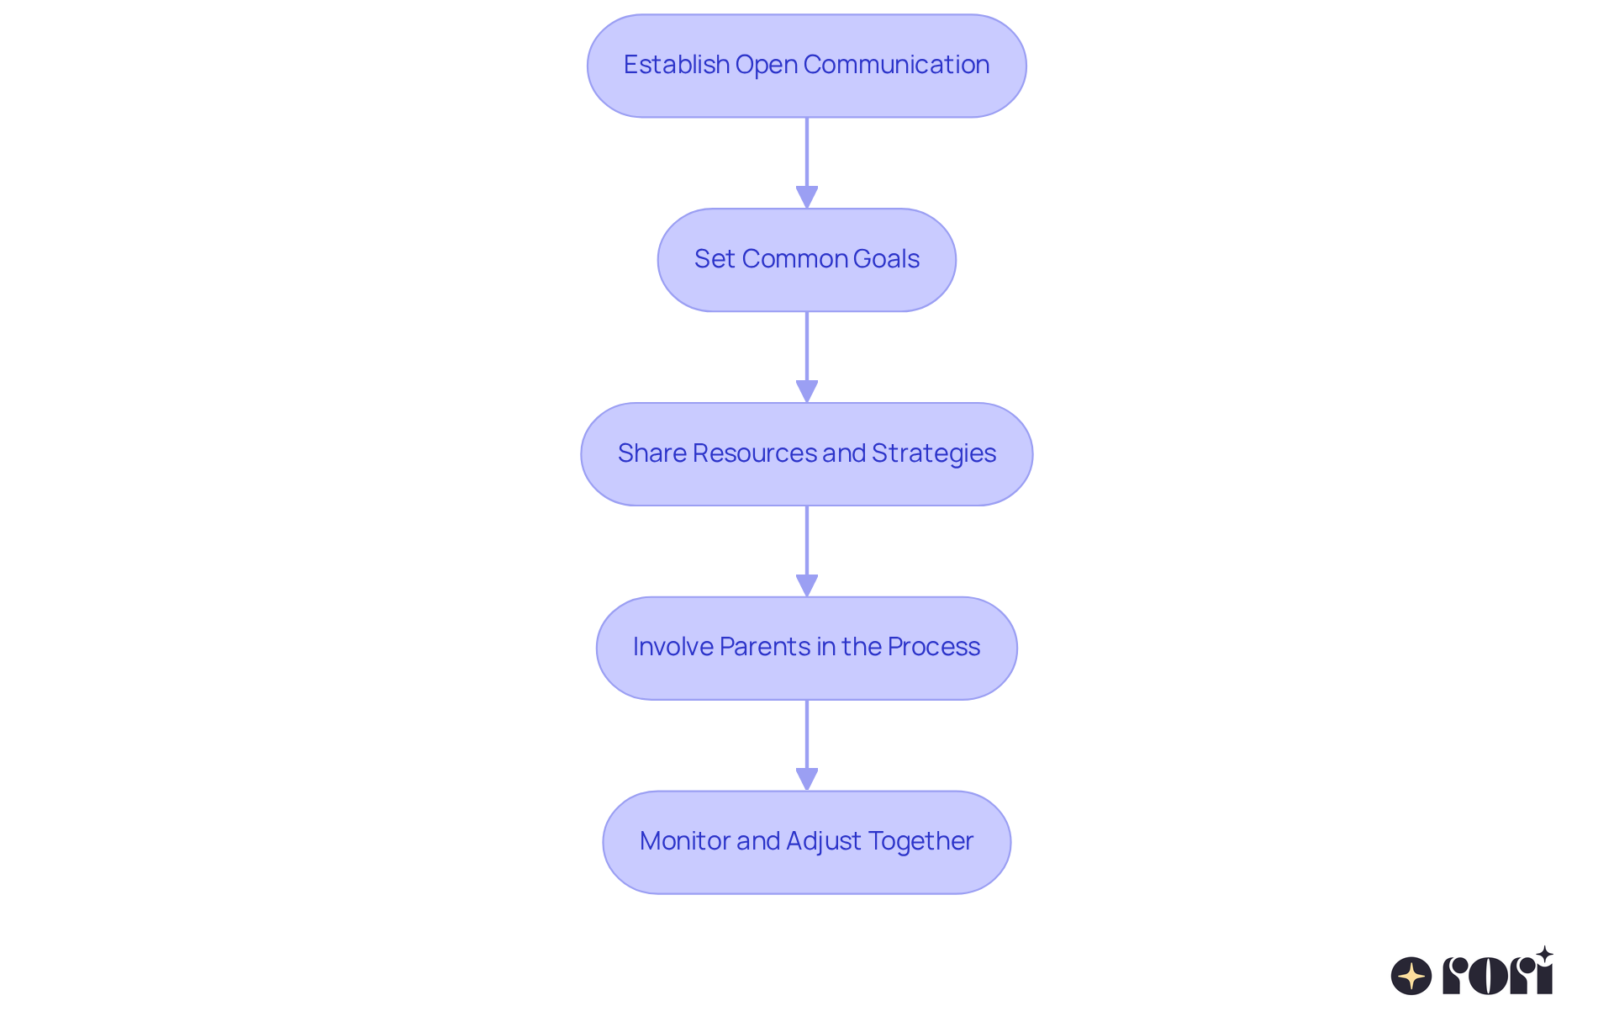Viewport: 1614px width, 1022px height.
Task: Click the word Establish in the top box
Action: (676, 65)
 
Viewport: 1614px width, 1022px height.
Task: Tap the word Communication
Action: (895, 65)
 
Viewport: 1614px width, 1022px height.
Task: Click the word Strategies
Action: (933, 453)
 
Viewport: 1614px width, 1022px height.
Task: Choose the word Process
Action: (933, 647)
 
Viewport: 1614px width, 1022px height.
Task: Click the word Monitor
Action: (684, 841)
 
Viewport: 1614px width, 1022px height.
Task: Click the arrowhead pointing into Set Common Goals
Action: (806, 197)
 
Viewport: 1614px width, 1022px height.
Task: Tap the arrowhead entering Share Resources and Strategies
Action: (806, 391)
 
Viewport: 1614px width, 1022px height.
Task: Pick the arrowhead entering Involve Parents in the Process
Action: (806, 585)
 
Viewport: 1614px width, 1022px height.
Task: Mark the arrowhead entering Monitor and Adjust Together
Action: (806, 779)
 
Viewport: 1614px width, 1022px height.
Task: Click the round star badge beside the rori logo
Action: (1411, 976)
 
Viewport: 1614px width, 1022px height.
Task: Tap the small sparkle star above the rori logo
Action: (1544, 955)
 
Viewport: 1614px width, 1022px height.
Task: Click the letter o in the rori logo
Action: (1489, 976)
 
